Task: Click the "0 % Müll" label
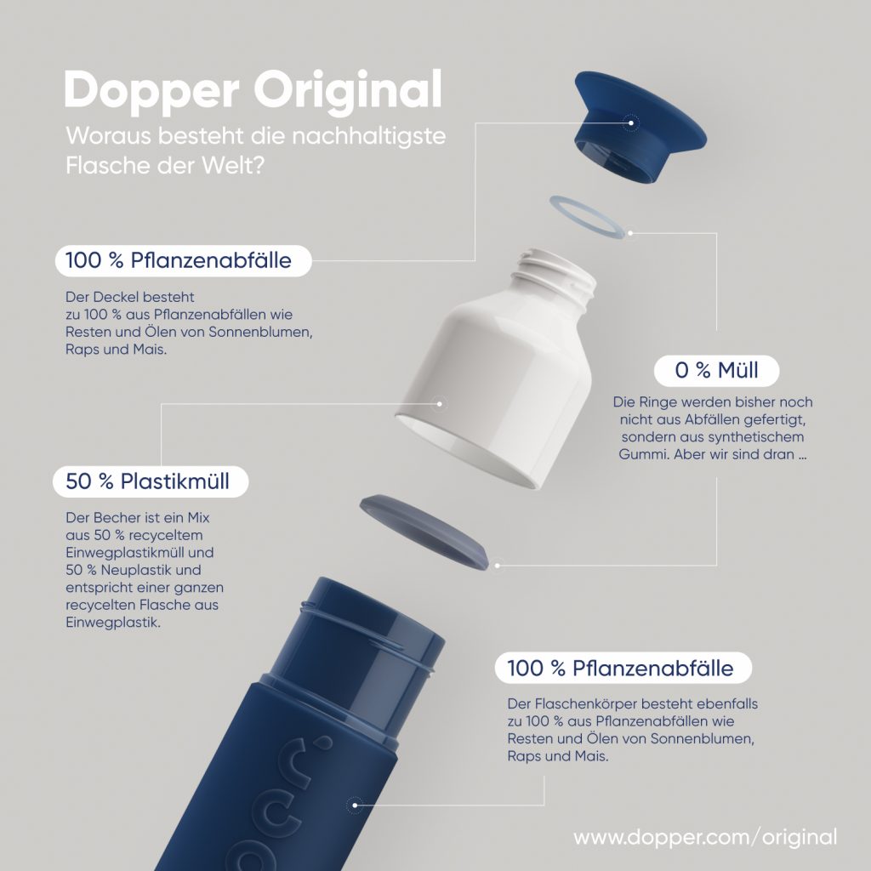716,371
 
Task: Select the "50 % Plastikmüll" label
153,481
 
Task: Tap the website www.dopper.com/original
705,836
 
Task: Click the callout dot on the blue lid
630,122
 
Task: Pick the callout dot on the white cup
441,404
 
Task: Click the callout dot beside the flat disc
498,563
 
